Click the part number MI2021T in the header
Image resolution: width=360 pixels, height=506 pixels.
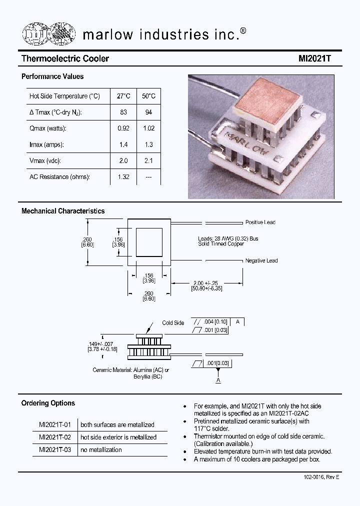(315, 58)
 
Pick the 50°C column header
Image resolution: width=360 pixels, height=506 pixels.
(148, 96)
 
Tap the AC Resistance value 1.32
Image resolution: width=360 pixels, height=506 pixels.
(123, 177)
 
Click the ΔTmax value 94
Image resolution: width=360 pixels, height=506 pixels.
(148, 112)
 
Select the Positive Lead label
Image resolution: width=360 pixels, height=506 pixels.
(260, 222)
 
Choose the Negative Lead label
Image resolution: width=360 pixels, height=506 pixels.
(261, 261)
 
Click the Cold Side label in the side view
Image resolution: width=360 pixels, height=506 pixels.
(173, 323)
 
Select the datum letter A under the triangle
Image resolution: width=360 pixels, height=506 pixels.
(218, 381)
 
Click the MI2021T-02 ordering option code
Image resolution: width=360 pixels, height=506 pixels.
(55, 437)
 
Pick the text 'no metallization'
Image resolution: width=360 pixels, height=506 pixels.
(101, 450)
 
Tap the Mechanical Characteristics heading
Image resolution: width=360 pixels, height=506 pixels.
(63, 211)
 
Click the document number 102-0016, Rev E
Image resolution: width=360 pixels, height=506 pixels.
(321, 477)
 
